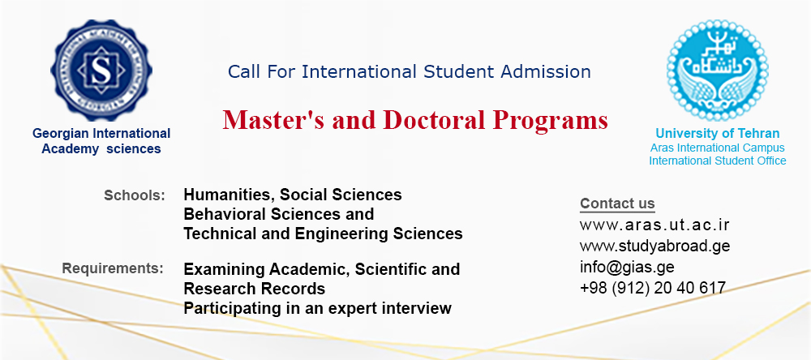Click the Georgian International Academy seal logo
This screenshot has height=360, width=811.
pos(101,71)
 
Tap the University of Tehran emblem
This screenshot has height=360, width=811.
pos(718,71)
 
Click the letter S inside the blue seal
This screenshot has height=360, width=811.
pos(101,71)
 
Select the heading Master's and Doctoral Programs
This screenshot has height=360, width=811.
pos(415,120)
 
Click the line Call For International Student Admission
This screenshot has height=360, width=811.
pos(409,72)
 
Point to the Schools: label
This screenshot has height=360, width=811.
pos(135,195)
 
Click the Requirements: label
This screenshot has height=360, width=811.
pos(113,269)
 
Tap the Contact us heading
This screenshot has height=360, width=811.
pos(617,204)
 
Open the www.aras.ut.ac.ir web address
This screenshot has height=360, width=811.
pos(654,225)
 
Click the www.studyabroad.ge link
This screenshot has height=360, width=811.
pos(654,246)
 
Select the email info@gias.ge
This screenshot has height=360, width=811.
pos(627,267)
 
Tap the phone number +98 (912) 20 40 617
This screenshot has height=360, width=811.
pos(653,288)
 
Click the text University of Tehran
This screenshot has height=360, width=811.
pos(718,134)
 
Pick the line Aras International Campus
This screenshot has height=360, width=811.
pos(718,148)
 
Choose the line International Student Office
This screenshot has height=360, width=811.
pos(718,161)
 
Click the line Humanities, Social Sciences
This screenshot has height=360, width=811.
pos(293,195)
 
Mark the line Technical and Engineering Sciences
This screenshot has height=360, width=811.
pos(323,234)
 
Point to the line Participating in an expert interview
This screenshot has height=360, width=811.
pos(318,309)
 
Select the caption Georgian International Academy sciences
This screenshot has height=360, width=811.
pos(101,141)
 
